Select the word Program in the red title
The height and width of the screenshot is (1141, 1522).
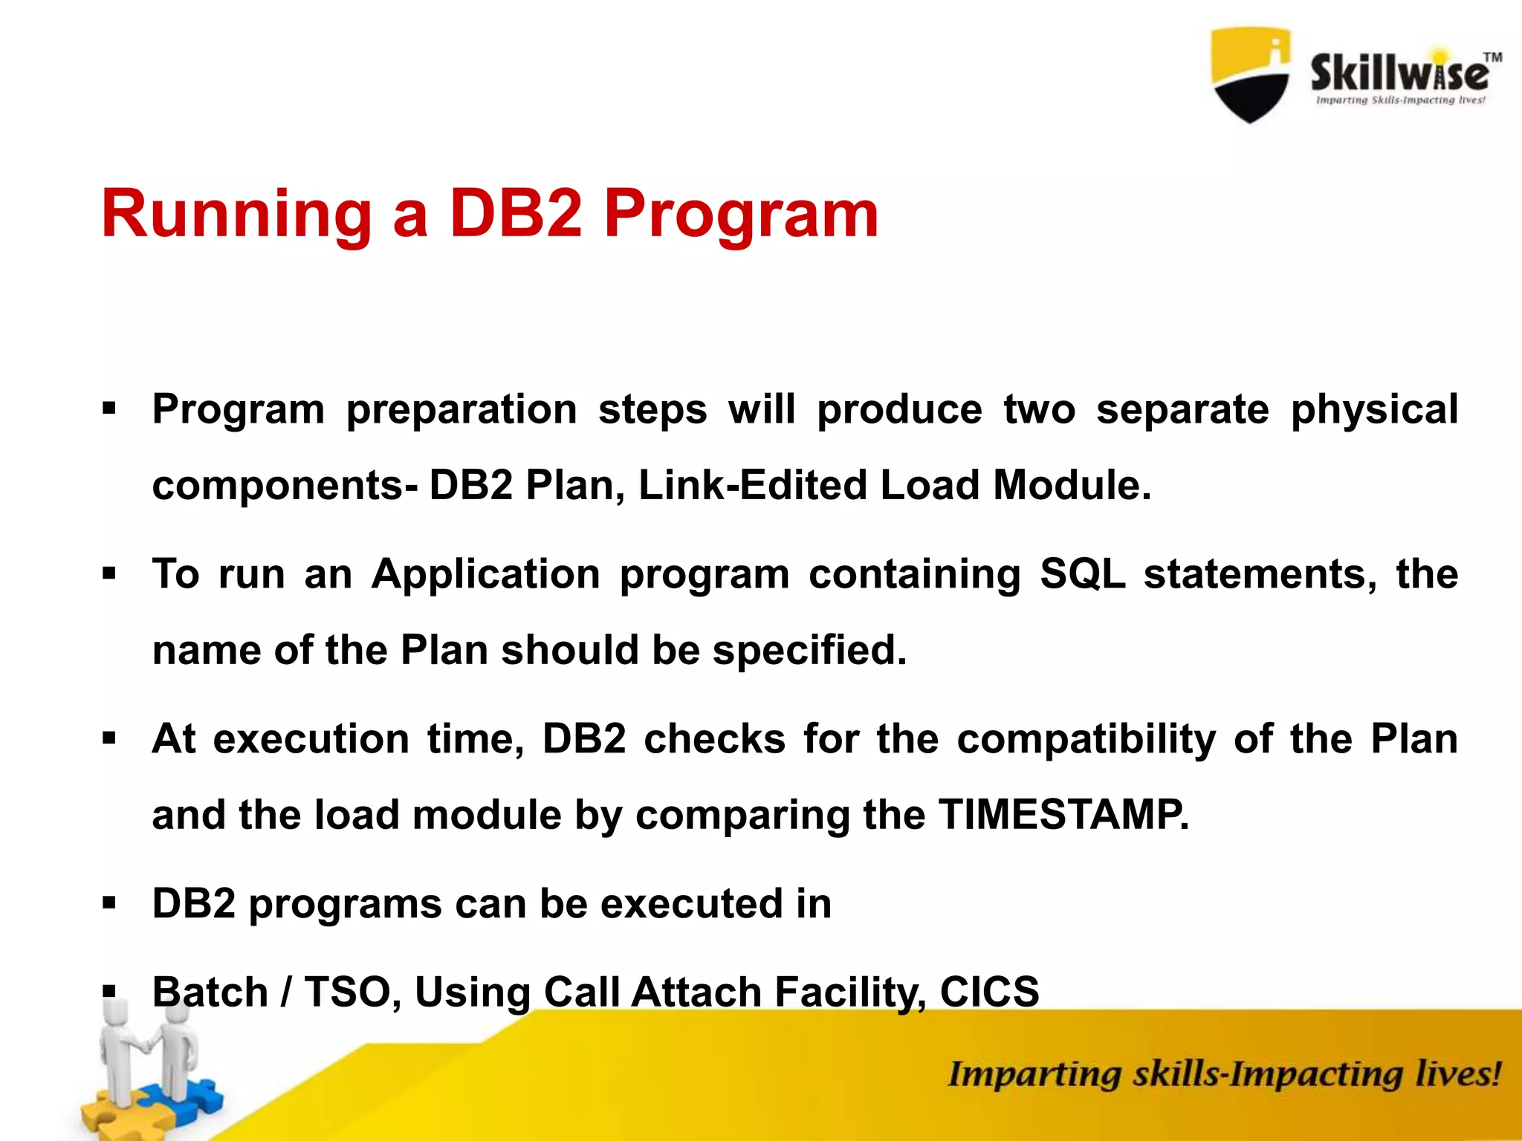pyautogui.click(x=741, y=215)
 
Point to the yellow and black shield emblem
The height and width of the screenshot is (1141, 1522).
pyautogui.click(x=1251, y=74)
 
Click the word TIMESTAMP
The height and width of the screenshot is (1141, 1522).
pyautogui.click(x=1063, y=814)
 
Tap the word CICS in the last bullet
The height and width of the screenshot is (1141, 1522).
pyautogui.click(x=989, y=992)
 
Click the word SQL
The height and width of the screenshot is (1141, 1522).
pyautogui.click(x=1082, y=574)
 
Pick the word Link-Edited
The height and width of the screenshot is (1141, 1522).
pyautogui.click(x=753, y=485)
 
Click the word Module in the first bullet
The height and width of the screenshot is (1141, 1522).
pyautogui.click(x=1072, y=485)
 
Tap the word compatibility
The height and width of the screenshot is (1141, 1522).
pyautogui.click(x=1086, y=740)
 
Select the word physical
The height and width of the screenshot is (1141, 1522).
pyautogui.click(x=1374, y=410)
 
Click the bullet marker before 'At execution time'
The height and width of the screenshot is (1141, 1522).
pyautogui.click(x=110, y=739)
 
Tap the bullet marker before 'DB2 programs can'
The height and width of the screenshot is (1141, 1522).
pyautogui.click(x=110, y=904)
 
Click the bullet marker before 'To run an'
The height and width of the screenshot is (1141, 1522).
pyautogui.click(x=110, y=574)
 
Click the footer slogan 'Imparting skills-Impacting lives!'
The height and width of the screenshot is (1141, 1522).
pyautogui.click(x=1223, y=1075)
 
